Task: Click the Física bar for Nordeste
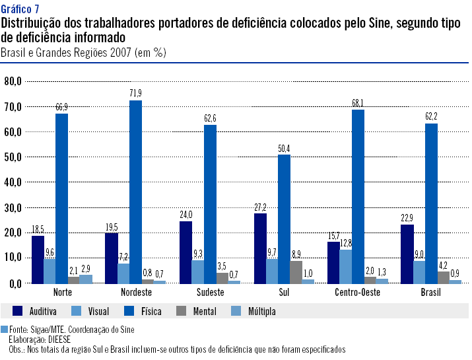click(135, 192)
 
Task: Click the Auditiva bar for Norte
click(38, 259)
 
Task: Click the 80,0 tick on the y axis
click(13, 81)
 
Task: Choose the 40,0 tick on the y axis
click(13, 182)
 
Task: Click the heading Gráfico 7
click(20, 8)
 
